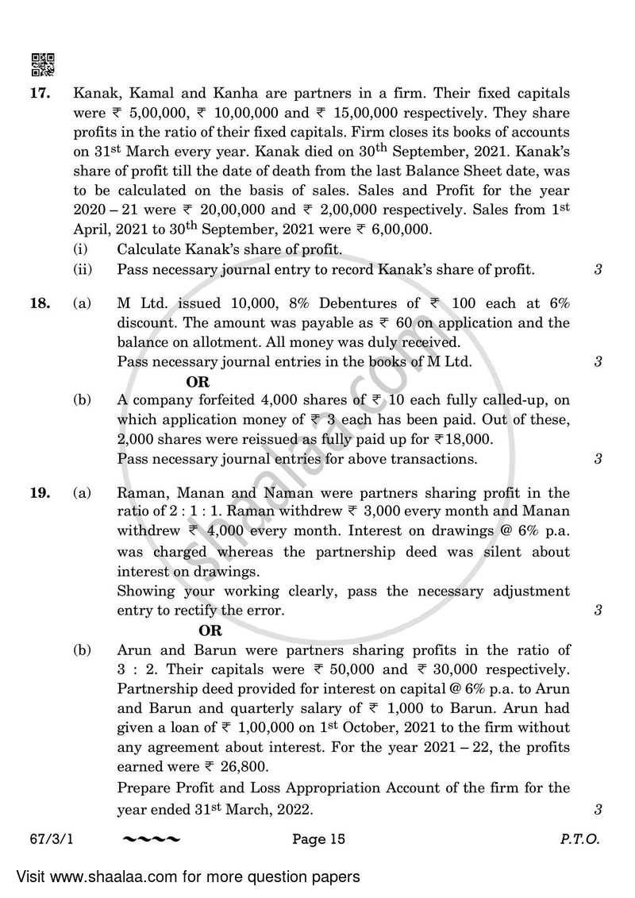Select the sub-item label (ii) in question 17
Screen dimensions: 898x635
tap(83, 270)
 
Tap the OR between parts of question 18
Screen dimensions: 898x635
tap(198, 381)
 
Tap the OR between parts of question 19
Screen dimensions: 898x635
tap(210, 630)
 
